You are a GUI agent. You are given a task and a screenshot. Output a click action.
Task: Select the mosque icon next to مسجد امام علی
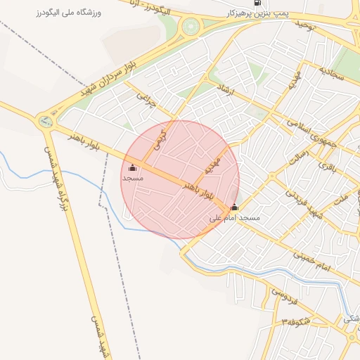pos(234,207)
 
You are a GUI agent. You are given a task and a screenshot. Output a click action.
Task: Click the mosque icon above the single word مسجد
pos(133,167)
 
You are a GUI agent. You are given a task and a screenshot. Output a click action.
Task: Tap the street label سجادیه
pos(332,74)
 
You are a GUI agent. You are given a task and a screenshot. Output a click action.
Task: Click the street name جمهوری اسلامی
pos(311,132)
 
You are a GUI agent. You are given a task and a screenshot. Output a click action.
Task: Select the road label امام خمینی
pos(314,265)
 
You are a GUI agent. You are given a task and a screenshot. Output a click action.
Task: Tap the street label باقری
pos(328,166)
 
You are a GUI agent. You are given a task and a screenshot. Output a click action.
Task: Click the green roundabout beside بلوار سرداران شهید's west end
pos(46,121)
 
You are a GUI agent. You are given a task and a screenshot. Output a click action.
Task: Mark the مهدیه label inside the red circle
pos(212,167)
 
